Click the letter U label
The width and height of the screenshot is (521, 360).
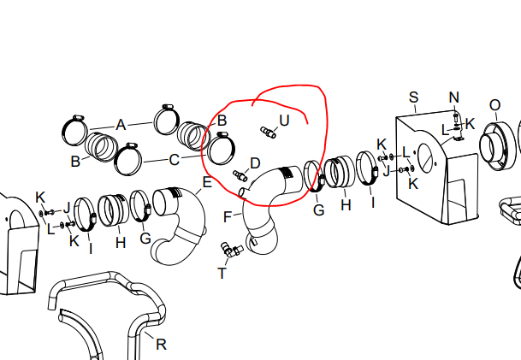pyautogui.click(x=284, y=121)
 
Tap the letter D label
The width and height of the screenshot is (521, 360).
pyautogui.click(x=255, y=163)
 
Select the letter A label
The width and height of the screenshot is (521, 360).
pyautogui.click(x=121, y=125)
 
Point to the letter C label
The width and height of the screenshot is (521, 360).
pyautogui.click(x=175, y=160)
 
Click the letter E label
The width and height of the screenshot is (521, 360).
pyautogui.click(x=207, y=182)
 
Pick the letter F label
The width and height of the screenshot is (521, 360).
pyautogui.click(x=228, y=217)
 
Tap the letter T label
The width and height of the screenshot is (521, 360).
pyautogui.click(x=222, y=274)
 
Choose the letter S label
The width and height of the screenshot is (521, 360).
pyautogui.click(x=413, y=97)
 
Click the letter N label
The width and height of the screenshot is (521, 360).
pyautogui.click(x=454, y=97)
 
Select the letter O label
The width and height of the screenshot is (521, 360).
pyautogui.click(x=494, y=106)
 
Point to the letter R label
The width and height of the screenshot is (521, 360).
pyautogui.click(x=161, y=345)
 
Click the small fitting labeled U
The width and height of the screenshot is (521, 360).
pyautogui.click(x=268, y=133)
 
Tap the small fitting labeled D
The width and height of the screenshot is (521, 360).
pyautogui.click(x=240, y=175)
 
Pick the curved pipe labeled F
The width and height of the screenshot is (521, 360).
pyautogui.click(x=263, y=213)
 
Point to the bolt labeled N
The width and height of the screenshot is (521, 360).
pyautogui.click(x=456, y=117)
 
